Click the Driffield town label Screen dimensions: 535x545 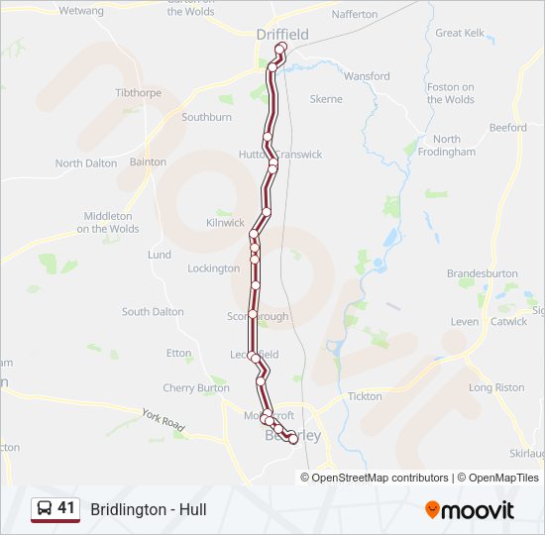281,35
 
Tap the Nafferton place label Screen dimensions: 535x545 355,15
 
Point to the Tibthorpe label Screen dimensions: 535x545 138,92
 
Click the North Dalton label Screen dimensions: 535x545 85,163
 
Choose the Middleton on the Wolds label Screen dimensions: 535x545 108,222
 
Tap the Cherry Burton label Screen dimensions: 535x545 196,388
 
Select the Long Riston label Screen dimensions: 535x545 496,387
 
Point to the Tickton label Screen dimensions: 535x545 365,396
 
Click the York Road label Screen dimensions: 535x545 163,421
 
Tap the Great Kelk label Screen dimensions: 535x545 461,33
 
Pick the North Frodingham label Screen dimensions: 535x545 453,146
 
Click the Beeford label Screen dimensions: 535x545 507,128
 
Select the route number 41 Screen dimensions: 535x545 66,508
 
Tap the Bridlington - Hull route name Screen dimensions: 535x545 149,510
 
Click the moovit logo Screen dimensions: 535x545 470,510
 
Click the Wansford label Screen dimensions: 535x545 367,76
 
